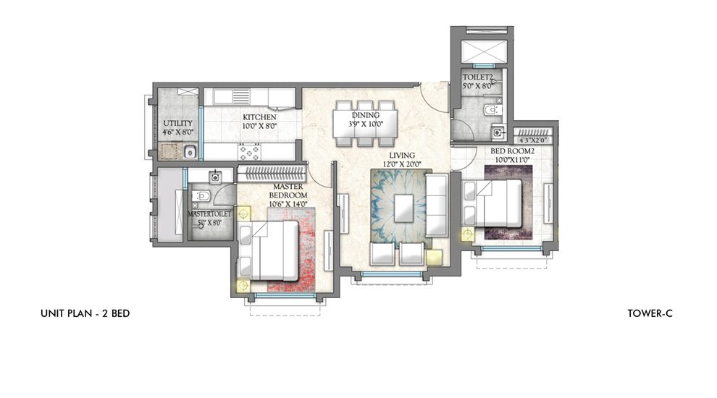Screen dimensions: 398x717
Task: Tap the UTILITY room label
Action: click(177, 123)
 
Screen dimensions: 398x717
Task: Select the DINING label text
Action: click(366, 116)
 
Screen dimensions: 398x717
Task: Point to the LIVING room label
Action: click(401, 155)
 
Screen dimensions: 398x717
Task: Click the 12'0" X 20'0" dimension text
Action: click(401, 164)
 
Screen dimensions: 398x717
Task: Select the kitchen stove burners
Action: click(250, 152)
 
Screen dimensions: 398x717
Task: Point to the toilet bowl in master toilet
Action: click(203, 197)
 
